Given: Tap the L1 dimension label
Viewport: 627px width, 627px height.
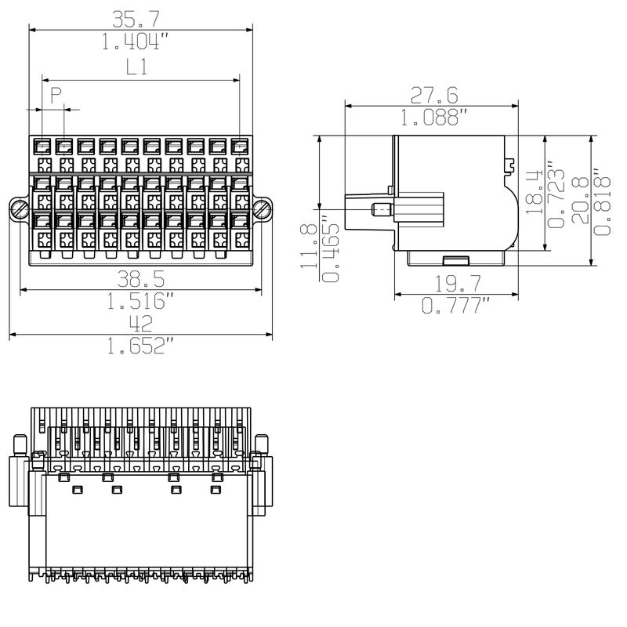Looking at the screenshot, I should pyautogui.click(x=138, y=67).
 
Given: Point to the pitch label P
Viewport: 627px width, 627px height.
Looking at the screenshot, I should pyautogui.click(x=56, y=96).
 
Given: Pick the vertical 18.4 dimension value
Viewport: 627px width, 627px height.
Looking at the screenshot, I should pyautogui.click(x=535, y=191).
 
